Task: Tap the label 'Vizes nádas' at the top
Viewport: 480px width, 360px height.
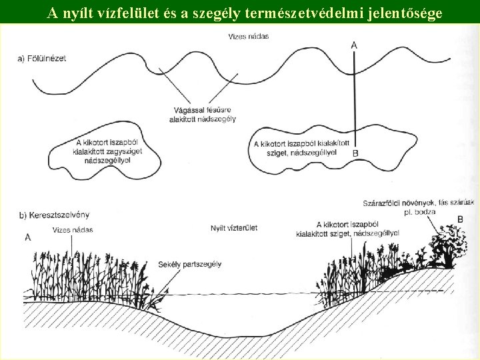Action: [x=248, y=36]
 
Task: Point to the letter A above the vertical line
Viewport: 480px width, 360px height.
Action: [x=353, y=44]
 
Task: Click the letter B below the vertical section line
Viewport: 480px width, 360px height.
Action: [x=355, y=153]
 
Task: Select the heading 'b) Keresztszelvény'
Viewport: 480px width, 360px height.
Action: [x=55, y=215]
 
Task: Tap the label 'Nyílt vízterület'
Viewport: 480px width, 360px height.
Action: [x=233, y=228]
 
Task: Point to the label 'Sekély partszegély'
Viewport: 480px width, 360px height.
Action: [x=189, y=264]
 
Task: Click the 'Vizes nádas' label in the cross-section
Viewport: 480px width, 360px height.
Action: [x=72, y=230]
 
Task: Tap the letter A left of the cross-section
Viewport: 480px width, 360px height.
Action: [x=27, y=236]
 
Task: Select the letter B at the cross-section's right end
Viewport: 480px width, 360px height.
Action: [x=460, y=219]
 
